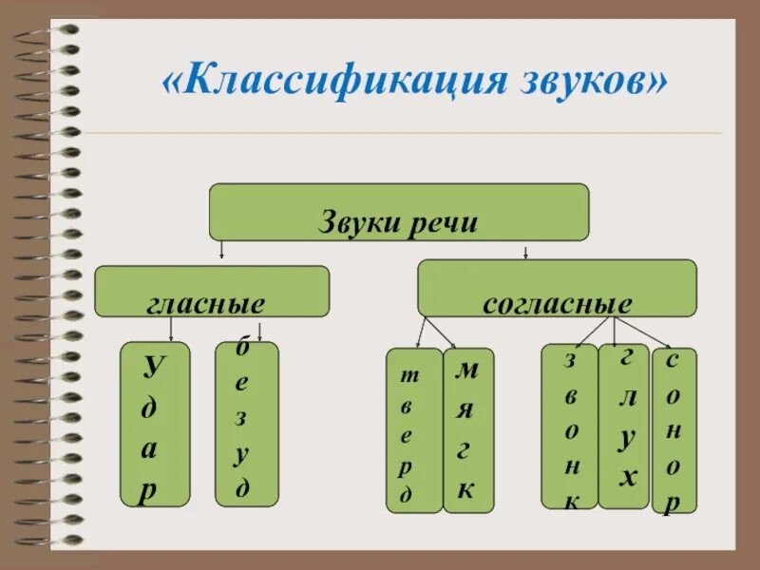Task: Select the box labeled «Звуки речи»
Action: [x=399, y=212]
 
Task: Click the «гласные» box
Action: [x=212, y=291]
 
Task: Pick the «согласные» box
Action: [x=557, y=288]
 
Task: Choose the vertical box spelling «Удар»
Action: [x=155, y=424]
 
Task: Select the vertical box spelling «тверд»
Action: [x=413, y=430]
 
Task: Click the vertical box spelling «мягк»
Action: [x=467, y=430]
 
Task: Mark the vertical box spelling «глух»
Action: [x=623, y=426]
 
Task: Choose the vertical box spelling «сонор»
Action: [x=674, y=430]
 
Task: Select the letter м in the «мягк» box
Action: [x=466, y=370]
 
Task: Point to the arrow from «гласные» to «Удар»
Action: [x=171, y=329]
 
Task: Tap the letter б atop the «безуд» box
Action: [x=243, y=349]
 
